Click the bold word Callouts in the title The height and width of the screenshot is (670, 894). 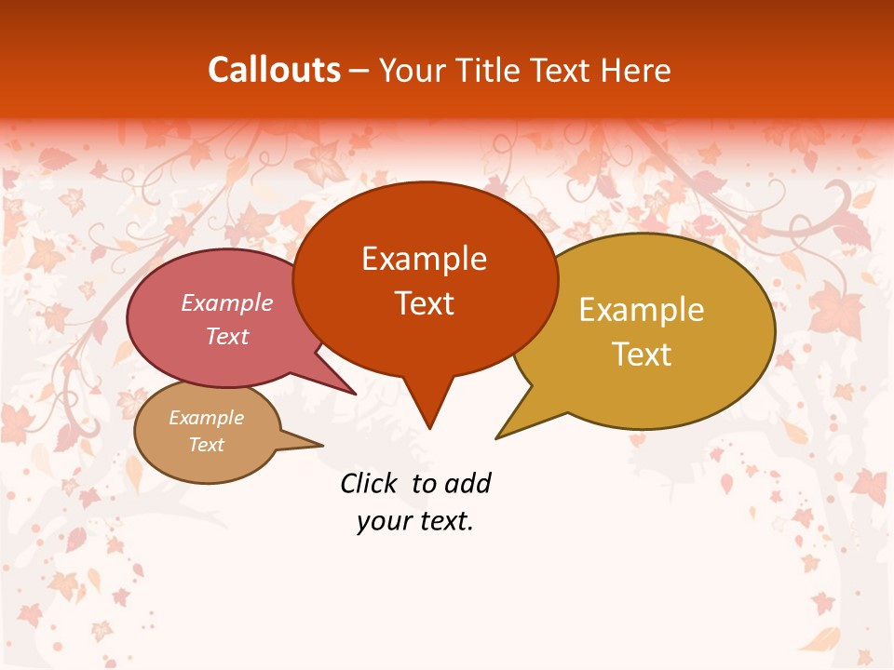tap(274, 70)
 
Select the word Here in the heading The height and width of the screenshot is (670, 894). tap(637, 70)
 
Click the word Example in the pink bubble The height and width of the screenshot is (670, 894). tap(227, 302)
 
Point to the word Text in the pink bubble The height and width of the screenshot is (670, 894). tap(227, 336)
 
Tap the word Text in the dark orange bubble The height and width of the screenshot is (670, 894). tap(424, 302)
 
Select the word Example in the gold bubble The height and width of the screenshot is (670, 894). tap(642, 309)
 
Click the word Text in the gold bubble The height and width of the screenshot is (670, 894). tap(642, 354)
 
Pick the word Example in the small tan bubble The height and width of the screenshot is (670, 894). tap(207, 418)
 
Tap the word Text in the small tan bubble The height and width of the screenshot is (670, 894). tap(207, 445)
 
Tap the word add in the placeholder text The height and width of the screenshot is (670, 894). tap(467, 483)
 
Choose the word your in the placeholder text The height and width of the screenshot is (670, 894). tap(382, 521)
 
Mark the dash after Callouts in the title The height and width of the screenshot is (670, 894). tap(359, 70)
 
